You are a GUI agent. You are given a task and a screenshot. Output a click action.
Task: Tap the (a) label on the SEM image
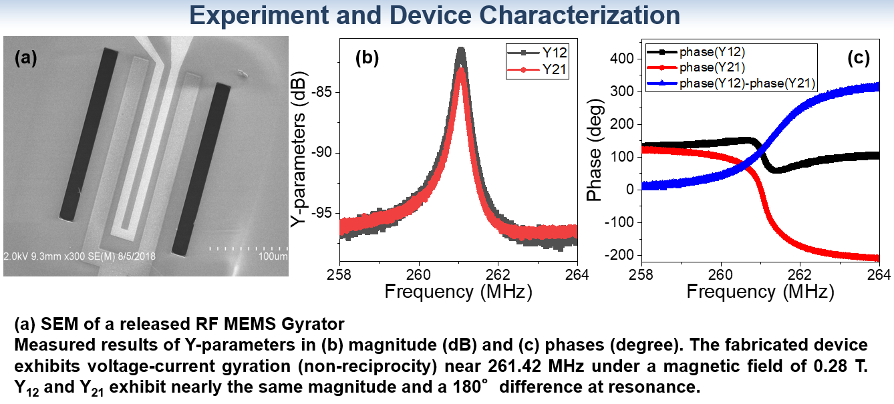pos(26,58)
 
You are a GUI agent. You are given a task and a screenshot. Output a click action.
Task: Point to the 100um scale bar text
pos(273,256)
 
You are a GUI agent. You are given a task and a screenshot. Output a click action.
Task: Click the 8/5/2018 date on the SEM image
pos(136,256)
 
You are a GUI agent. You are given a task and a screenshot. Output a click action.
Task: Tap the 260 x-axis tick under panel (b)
pos(419,274)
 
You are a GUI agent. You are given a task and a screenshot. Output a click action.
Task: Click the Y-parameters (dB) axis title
pos(299,149)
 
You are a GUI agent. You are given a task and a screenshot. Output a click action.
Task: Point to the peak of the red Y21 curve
pos(461,69)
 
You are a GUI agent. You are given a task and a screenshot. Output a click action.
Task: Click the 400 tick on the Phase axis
pos(622,59)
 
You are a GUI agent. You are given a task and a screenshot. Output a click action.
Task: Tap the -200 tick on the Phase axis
pos(620,255)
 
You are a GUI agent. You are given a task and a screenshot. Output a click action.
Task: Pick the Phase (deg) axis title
pos(595,150)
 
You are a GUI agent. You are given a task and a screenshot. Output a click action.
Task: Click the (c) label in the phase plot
pos(859,58)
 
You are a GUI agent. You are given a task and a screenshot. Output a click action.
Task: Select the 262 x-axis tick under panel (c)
pos(800,274)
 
